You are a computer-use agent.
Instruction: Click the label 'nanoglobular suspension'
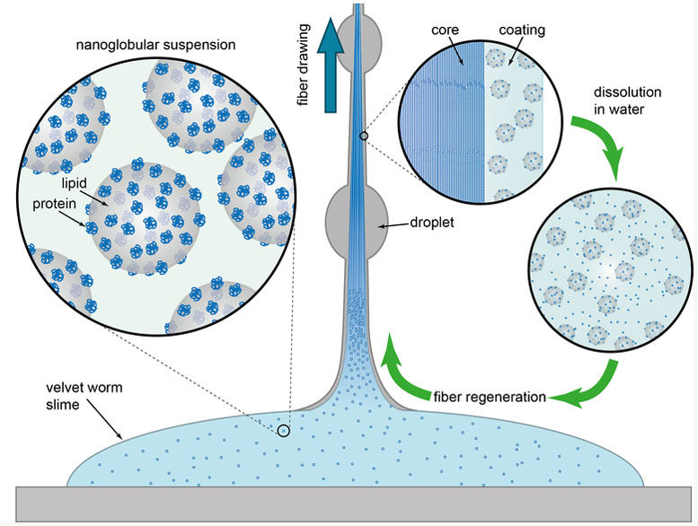click(155, 46)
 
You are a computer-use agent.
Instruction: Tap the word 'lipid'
click(74, 183)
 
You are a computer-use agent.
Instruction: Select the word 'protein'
click(54, 204)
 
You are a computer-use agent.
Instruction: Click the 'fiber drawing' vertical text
click(304, 65)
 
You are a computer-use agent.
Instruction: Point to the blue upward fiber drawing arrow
click(331, 65)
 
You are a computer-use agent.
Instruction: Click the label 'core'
click(445, 31)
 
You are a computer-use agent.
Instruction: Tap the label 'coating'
click(522, 31)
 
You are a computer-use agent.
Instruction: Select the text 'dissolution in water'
click(627, 101)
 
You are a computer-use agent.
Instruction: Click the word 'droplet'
click(432, 222)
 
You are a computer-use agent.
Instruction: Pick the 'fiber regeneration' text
click(490, 397)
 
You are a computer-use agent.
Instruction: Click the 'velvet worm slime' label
click(84, 396)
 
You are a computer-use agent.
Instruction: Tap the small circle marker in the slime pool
click(284, 430)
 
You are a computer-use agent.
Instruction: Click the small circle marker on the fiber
click(364, 136)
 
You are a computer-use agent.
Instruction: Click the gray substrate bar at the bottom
click(353, 504)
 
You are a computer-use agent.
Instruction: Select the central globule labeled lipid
click(145, 218)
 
